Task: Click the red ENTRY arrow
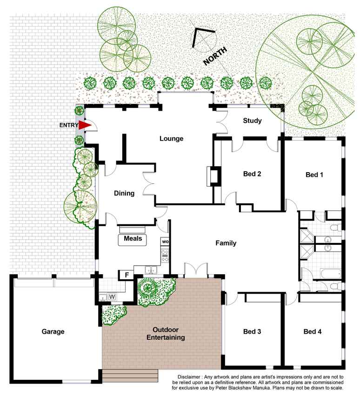[x=85, y=125]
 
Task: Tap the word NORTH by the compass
[x=215, y=56]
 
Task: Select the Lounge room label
[x=171, y=139]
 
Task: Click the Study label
[x=252, y=121]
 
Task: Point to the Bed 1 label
[x=314, y=175]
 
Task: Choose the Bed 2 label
[x=252, y=174]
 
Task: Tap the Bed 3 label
[x=252, y=331]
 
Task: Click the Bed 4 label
[x=313, y=331]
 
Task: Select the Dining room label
[x=124, y=194]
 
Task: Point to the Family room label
[x=226, y=243]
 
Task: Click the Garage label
[x=53, y=331]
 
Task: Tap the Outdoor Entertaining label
[x=166, y=333]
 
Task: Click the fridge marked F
[x=127, y=275]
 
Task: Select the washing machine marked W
[x=112, y=296]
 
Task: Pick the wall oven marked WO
[x=165, y=242]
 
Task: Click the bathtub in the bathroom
[x=331, y=274]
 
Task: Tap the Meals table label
[x=133, y=238]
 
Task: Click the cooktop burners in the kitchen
[x=165, y=256]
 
